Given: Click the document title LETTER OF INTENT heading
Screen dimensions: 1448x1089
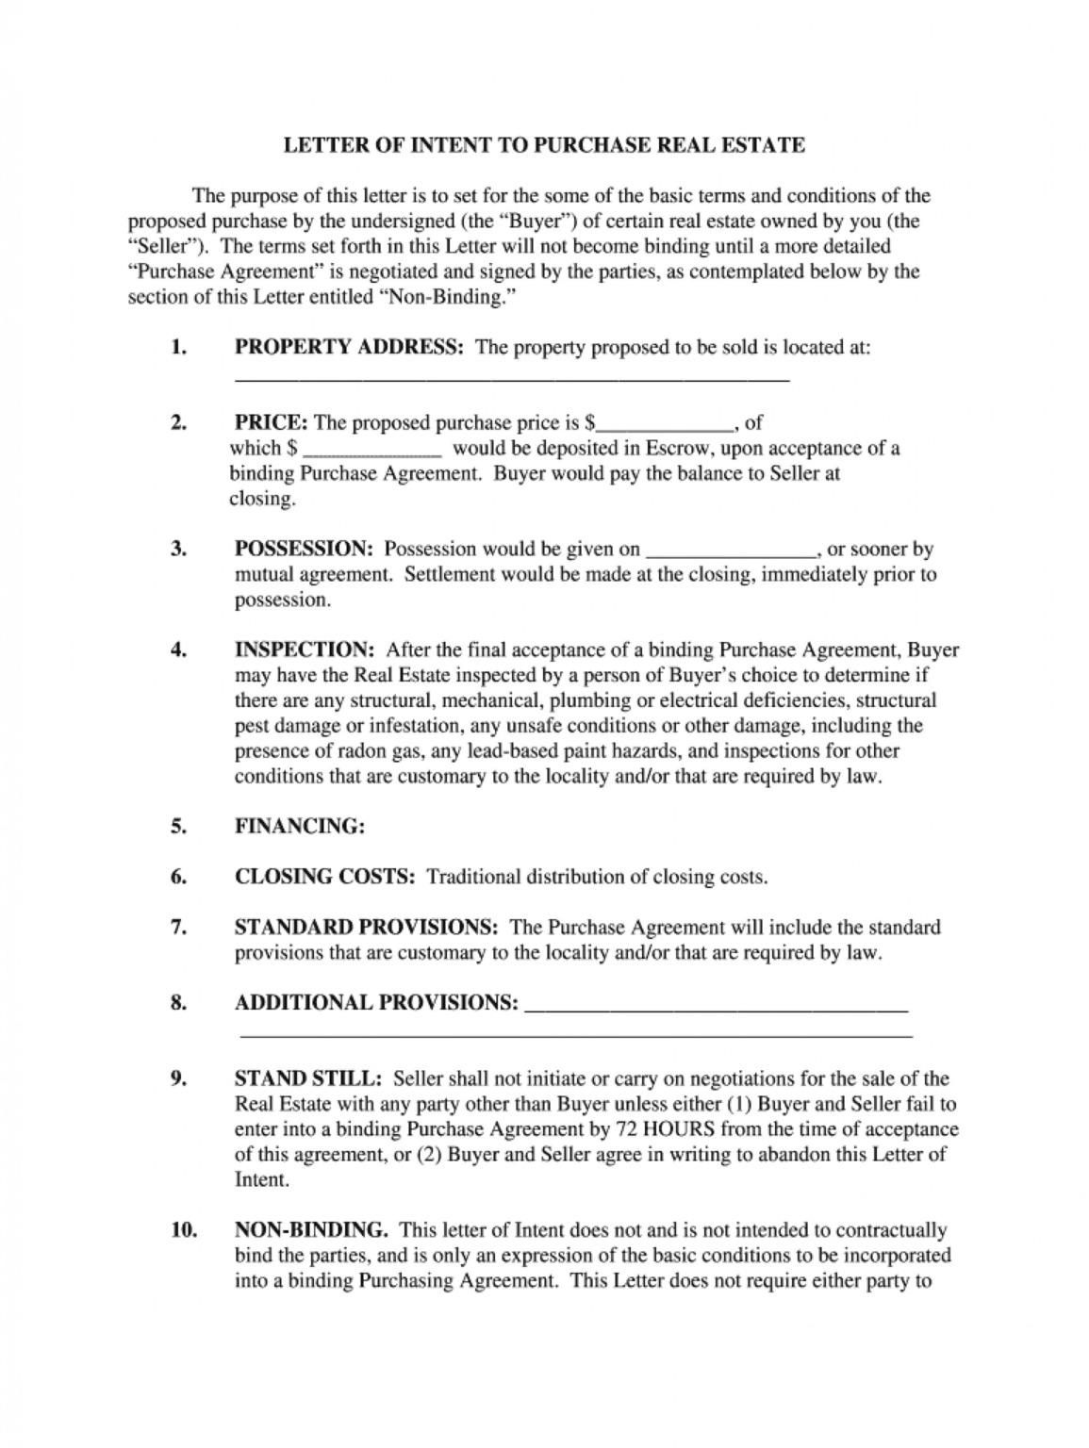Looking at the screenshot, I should [x=545, y=145].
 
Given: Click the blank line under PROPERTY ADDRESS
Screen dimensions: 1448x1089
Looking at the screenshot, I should [x=510, y=378].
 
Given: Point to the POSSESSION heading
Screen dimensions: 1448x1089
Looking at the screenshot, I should [x=305, y=549].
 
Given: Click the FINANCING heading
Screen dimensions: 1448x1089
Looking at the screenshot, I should [x=299, y=826].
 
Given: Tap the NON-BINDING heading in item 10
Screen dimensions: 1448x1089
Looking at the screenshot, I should [x=311, y=1229].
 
